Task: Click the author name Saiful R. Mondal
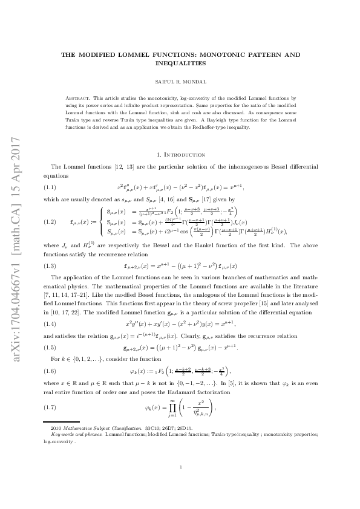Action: coord(180,80)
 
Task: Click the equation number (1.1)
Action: coord(52,187)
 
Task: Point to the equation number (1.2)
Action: coord(52,222)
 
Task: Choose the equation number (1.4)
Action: coord(52,324)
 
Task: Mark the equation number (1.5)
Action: coord(52,348)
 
